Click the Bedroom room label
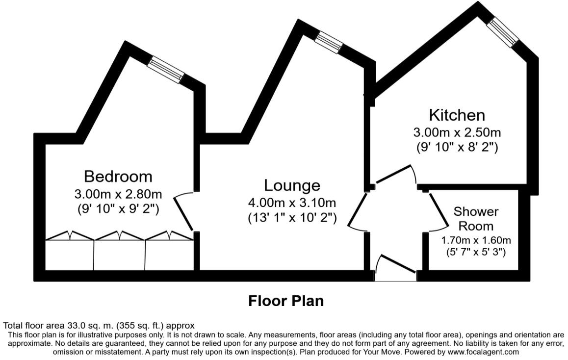click(x=118, y=177)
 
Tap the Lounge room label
click(x=292, y=185)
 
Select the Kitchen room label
click(x=457, y=115)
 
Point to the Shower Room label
click(x=476, y=218)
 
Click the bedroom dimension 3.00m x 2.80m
click(x=118, y=194)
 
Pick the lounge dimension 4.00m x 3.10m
click(x=292, y=202)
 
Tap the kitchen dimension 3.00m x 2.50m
click(x=457, y=132)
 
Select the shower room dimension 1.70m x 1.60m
click(x=476, y=240)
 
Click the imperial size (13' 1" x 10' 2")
click(x=292, y=218)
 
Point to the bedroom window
click(x=166, y=70)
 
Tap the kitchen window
click(x=503, y=32)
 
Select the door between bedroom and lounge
click(x=184, y=212)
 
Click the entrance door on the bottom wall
click(x=395, y=268)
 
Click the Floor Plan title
click(x=286, y=301)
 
